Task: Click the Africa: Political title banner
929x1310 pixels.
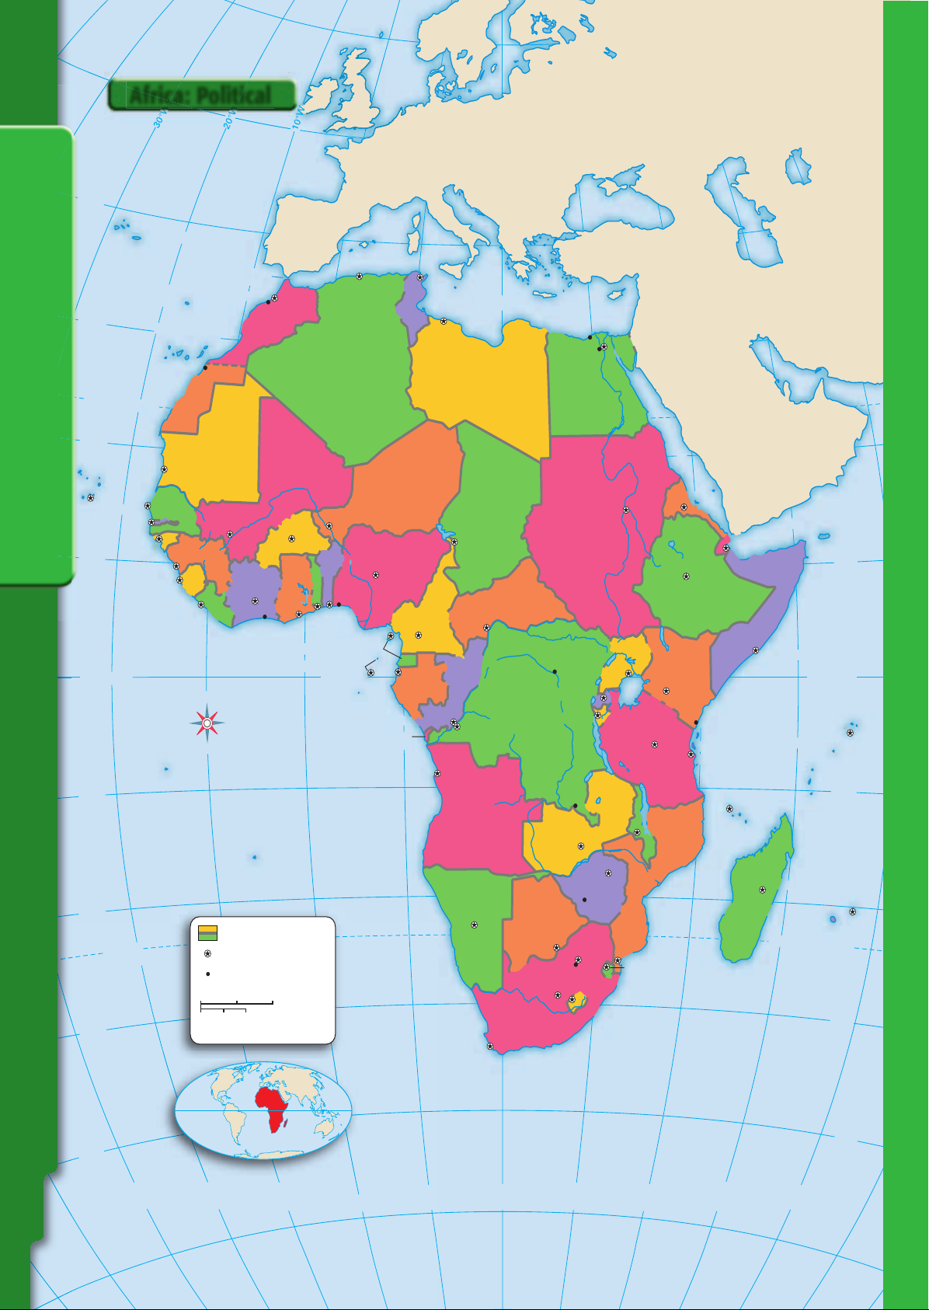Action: point(201,95)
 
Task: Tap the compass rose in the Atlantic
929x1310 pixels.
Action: point(207,723)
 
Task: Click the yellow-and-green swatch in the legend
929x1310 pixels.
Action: point(207,932)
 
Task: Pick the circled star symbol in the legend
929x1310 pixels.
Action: point(207,953)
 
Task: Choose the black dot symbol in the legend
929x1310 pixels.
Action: point(207,974)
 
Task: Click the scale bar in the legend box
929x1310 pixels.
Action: point(236,1006)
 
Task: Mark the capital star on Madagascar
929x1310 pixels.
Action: point(762,890)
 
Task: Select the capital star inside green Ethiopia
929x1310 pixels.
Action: point(686,576)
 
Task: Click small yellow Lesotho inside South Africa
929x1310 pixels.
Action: point(576,1001)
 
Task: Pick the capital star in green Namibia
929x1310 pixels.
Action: point(474,925)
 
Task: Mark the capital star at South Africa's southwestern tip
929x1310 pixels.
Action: point(489,1047)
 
